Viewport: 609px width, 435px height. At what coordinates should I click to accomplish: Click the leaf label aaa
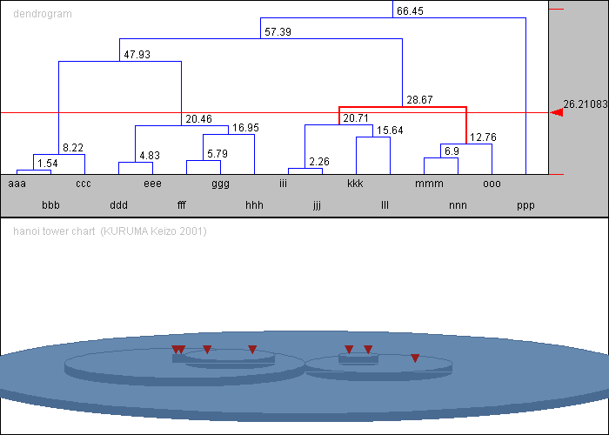tap(17, 184)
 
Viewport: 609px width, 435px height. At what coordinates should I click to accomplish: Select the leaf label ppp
tap(525, 206)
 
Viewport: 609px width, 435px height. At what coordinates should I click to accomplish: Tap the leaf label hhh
tap(254, 205)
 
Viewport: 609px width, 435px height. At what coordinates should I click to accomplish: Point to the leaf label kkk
tap(355, 184)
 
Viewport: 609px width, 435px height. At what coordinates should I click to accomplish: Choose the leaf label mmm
tap(429, 184)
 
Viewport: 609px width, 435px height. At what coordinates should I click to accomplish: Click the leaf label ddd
tap(119, 205)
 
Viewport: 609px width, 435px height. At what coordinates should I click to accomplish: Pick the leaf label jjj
tap(317, 205)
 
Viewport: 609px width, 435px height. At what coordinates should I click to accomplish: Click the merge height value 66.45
tap(410, 10)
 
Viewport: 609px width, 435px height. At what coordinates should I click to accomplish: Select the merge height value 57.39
tap(278, 32)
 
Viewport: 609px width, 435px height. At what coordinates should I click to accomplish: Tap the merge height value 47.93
tap(137, 54)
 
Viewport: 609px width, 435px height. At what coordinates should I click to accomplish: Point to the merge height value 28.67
tap(419, 100)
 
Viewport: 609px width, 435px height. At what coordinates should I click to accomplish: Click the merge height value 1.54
tap(48, 164)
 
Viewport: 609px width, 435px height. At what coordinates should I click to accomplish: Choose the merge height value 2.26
tap(319, 161)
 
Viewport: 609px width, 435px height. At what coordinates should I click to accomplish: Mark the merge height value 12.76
tap(483, 137)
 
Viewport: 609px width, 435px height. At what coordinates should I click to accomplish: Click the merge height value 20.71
tap(356, 117)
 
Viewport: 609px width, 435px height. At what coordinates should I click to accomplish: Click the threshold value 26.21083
tap(586, 104)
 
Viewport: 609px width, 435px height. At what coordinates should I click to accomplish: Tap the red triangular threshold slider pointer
tap(557, 112)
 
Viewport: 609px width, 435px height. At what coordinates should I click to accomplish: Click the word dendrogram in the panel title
tap(43, 14)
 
